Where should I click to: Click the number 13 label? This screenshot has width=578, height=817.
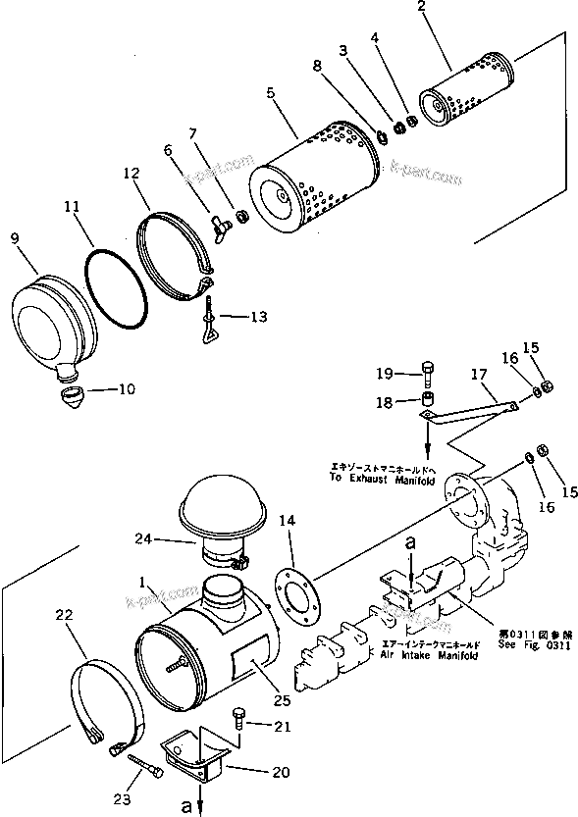tap(257, 317)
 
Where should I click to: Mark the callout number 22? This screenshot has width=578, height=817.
tap(64, 615)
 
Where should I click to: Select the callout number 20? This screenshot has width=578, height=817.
tap(281, 772)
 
